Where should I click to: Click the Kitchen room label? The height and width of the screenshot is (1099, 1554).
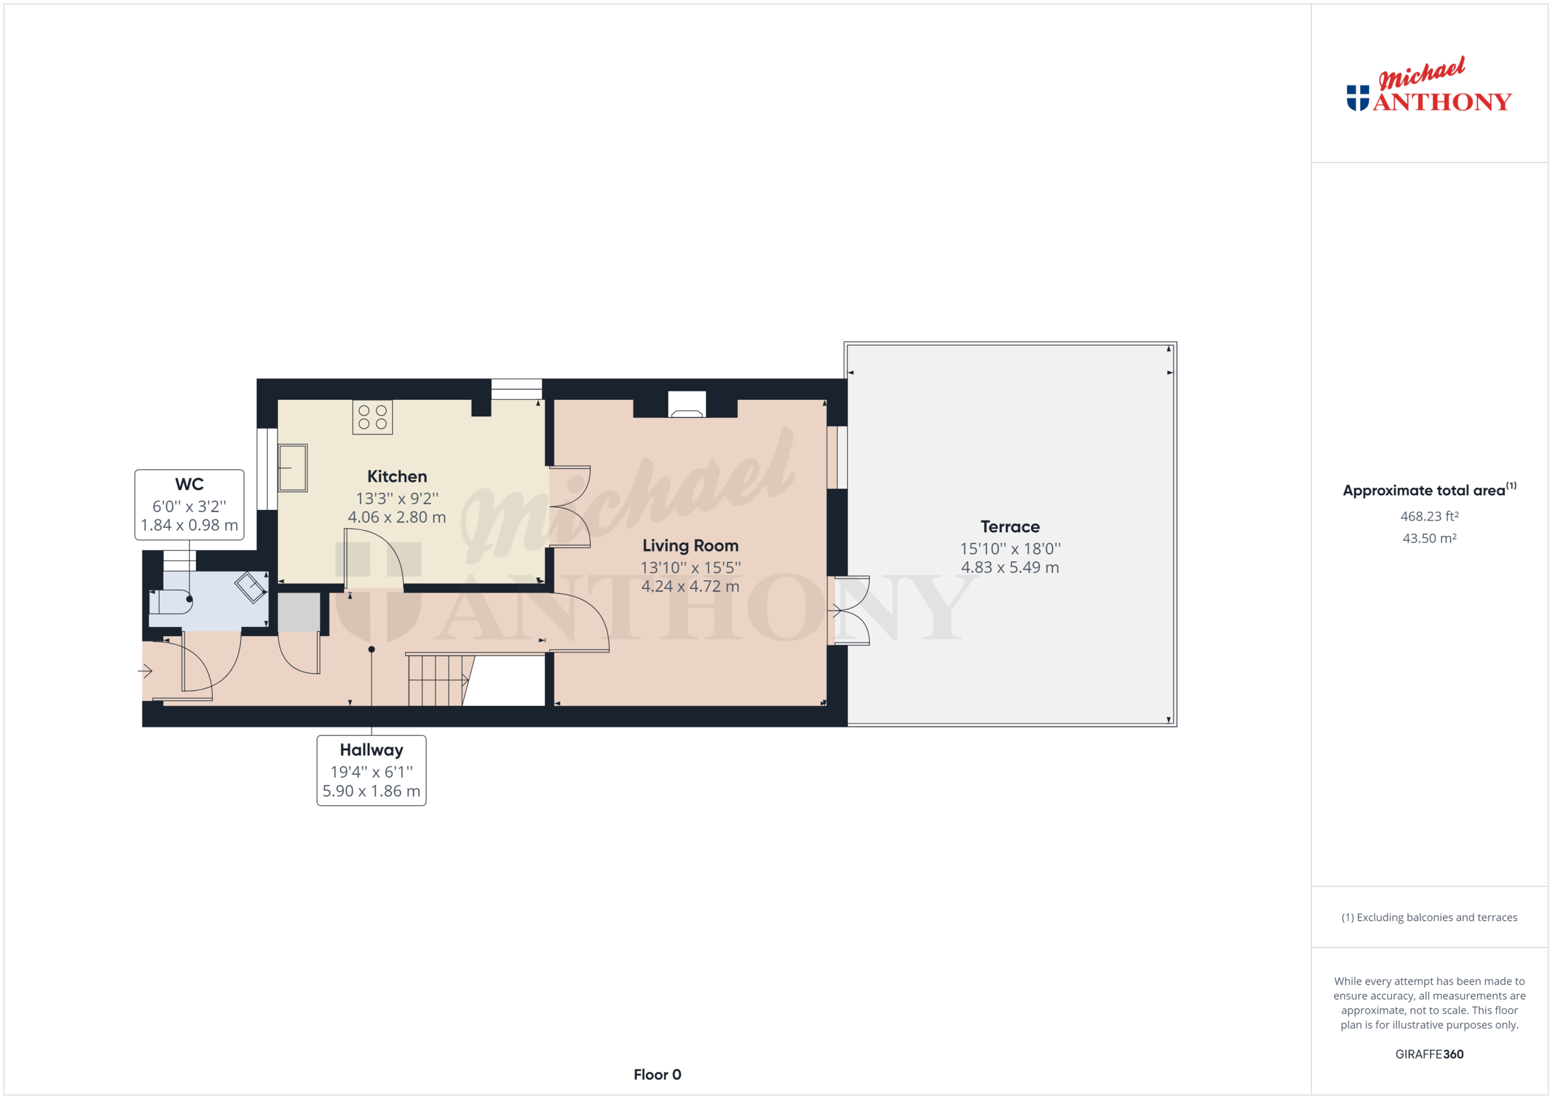pos(396,476)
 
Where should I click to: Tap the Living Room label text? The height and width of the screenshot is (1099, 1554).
pos(690,546)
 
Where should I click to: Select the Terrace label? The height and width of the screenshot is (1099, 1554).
pos(1010,527)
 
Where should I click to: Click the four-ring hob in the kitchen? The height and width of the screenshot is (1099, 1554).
pos(372,417)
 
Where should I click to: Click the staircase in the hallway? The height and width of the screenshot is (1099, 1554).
pos(436,680)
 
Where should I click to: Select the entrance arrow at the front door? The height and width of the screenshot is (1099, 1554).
pos(145,671)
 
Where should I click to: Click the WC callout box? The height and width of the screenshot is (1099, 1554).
pos(189,505)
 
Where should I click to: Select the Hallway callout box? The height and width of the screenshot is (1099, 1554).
pos(372,770)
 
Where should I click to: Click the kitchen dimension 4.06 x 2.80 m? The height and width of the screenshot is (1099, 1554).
pos(396,518)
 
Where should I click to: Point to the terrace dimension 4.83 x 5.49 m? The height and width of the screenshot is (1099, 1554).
pos(1010,568)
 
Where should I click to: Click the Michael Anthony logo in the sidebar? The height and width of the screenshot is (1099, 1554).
pos(1428,88)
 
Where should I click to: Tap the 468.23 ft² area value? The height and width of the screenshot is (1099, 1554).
pos(1429,516)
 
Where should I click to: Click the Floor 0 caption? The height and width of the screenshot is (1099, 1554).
pos(657,1075)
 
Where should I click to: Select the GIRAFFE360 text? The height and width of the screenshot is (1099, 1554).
pos(1429,1054)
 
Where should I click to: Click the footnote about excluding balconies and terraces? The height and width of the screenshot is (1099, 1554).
pos(1429,918)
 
